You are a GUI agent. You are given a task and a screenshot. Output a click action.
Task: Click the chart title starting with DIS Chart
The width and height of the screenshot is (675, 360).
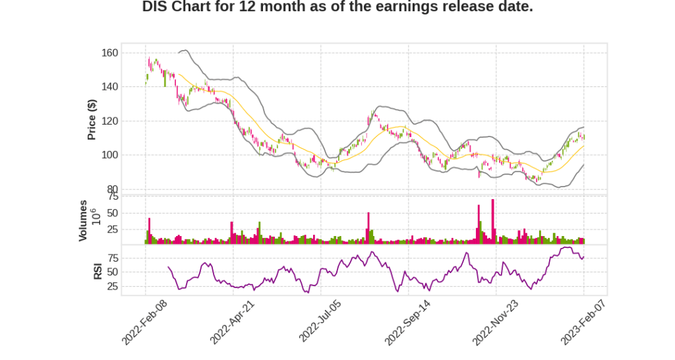(x=337, y=7)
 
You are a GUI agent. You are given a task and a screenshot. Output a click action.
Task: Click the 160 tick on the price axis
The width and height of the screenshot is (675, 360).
(x=110, y=53)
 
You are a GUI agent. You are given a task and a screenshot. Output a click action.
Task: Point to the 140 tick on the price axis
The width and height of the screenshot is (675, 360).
(x=110, y=87)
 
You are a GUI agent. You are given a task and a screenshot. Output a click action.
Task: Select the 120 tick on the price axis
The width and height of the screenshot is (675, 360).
(x=110, y=121)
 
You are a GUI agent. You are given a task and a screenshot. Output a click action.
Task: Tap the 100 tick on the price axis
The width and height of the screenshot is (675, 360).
(x=110, y=156)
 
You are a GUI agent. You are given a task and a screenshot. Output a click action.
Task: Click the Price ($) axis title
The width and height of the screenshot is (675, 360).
(x=92, y=119)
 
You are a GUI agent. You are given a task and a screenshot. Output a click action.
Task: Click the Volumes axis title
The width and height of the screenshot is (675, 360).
(x=83, y=220)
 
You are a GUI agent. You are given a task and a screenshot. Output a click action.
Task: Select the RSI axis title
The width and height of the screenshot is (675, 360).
(x=98, y=270)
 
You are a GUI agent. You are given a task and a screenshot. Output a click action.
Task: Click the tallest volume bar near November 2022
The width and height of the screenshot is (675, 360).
(x=492, y=222)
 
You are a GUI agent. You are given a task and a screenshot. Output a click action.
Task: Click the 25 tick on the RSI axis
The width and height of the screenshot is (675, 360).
(x=112, y=287)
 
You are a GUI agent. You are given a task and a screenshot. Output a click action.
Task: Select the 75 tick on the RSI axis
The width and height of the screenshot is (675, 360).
(x=112, y=257)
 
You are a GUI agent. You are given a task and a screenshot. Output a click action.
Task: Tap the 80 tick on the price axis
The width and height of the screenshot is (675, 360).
(x=112, y=190)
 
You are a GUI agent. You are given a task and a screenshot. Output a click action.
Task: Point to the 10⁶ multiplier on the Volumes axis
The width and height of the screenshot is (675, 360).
(x=94, y=217)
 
